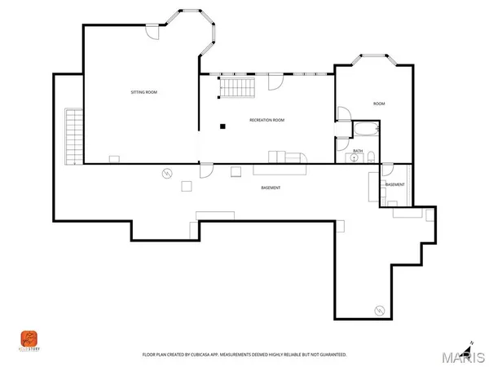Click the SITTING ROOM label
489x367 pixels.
coord(143,93)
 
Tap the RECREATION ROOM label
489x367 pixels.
coord(267,120)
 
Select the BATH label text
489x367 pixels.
coord(357,151)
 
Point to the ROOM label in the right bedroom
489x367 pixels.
coord(379,104)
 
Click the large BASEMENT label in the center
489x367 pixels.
coord(271,188)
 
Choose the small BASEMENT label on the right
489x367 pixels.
coord(394,185)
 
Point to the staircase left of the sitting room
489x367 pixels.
coord(73,135)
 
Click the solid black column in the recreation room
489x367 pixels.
coord(220,125)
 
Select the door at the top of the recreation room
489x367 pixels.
coord(275,82)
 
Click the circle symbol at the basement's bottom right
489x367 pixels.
coord(380,310)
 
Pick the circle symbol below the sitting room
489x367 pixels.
coord(167,174)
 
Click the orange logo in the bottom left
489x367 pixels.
coord(29,338)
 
